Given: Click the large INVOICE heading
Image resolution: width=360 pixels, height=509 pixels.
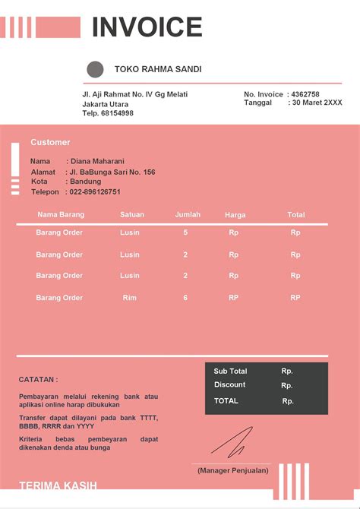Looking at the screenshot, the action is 147,27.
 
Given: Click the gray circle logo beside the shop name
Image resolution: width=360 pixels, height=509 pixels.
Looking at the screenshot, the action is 95,70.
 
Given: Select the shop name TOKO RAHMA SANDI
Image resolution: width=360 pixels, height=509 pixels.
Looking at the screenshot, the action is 158,69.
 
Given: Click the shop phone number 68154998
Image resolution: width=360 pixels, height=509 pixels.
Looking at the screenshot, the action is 116,113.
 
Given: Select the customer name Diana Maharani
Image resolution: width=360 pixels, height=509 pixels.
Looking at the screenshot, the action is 97,161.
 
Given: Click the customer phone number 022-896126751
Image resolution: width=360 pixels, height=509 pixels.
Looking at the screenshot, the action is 95,192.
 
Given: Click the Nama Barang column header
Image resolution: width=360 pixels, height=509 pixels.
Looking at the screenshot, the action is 61,215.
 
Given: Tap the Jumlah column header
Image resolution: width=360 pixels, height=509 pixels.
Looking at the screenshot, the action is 188,215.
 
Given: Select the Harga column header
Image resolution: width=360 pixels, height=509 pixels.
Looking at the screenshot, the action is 235,215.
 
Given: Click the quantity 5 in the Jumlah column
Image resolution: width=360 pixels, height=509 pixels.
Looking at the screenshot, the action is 185,232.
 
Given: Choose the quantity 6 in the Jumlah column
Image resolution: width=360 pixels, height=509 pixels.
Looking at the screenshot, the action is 185,298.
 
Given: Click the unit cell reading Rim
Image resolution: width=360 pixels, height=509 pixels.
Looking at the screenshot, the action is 130,298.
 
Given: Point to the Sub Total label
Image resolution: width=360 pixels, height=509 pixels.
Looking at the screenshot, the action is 230,371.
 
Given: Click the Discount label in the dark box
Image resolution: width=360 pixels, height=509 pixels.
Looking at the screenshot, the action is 229,385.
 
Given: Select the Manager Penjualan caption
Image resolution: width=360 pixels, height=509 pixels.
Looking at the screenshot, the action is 232,471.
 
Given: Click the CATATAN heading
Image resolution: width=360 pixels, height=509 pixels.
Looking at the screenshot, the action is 38,379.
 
